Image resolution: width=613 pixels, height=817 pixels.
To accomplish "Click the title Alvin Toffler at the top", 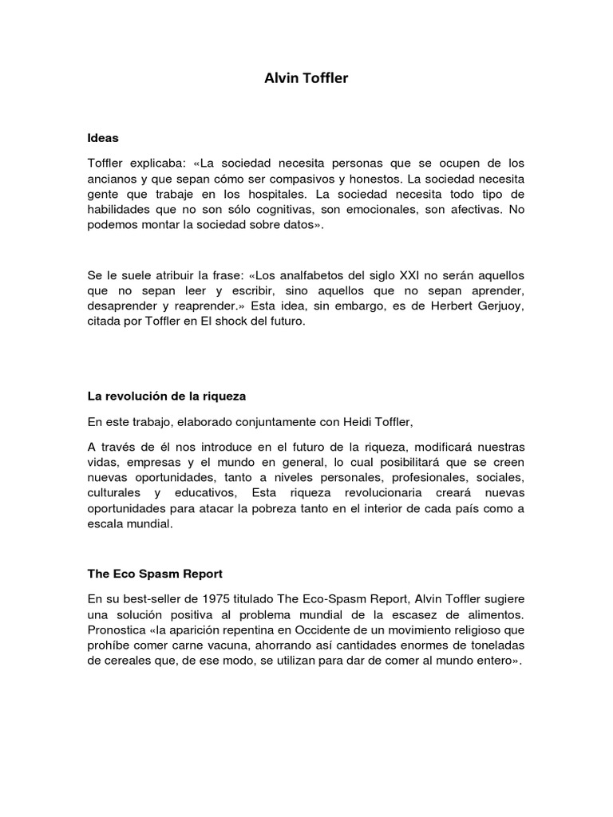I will click(x=306, y=79).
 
